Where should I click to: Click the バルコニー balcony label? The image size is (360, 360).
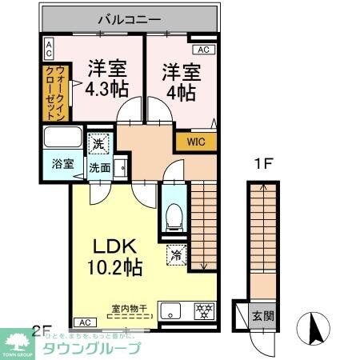(130, 17)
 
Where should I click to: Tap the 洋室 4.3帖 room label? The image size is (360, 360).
(104, 77)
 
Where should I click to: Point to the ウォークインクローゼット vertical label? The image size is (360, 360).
(48, 94)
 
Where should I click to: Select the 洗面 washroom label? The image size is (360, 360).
(99, 167)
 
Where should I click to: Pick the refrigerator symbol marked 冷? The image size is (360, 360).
(176, 257)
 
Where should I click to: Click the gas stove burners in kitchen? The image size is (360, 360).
(202, 310)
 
